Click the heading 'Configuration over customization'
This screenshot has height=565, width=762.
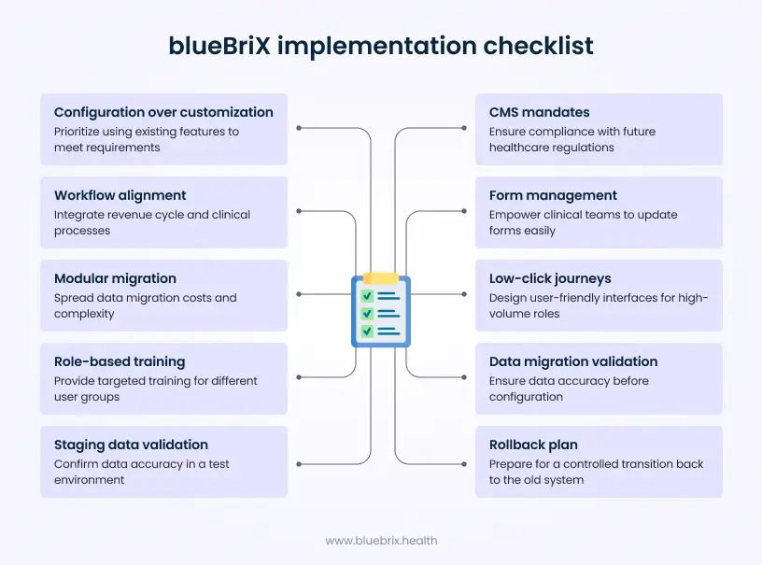163,112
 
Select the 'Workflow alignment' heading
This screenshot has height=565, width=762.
120,195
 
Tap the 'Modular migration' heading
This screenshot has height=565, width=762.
115,278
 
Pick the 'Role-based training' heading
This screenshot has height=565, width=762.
120,361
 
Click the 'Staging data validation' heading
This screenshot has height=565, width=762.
131,445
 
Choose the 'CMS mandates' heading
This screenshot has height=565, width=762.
540,112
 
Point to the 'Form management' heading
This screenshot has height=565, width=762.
553,195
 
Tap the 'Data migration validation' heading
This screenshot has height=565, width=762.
573,361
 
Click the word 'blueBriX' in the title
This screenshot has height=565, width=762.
216,46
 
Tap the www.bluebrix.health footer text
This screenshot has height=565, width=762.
381,541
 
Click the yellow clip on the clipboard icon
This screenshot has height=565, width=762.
380,277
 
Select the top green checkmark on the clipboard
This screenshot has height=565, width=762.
368,296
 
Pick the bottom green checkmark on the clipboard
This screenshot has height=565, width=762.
368,330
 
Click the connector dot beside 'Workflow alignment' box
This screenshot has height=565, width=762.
298,211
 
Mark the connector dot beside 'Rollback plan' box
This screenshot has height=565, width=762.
465,460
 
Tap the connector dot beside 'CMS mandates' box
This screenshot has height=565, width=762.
465,128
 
